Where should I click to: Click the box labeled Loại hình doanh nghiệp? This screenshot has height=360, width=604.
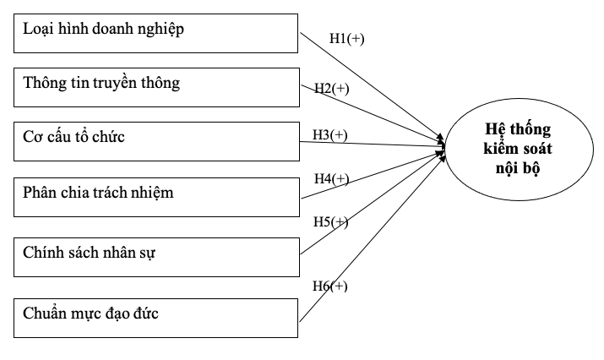tap(157, 31)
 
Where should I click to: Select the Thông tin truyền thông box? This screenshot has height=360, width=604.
tap(157, 87)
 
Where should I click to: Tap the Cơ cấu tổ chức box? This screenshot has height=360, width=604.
tap(157, 140)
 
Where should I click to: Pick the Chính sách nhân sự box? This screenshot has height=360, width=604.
tap(157, 255)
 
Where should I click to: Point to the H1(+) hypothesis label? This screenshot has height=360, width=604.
tap(346, 38)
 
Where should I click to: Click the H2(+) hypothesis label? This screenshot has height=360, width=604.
tap(330, 88)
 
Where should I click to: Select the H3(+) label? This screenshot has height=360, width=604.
tap(330, 134)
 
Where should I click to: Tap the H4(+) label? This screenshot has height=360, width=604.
tap(330, 178)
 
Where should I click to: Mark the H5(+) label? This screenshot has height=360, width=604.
tap(330, 221)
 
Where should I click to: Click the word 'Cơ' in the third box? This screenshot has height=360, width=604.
tap(31, 137)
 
